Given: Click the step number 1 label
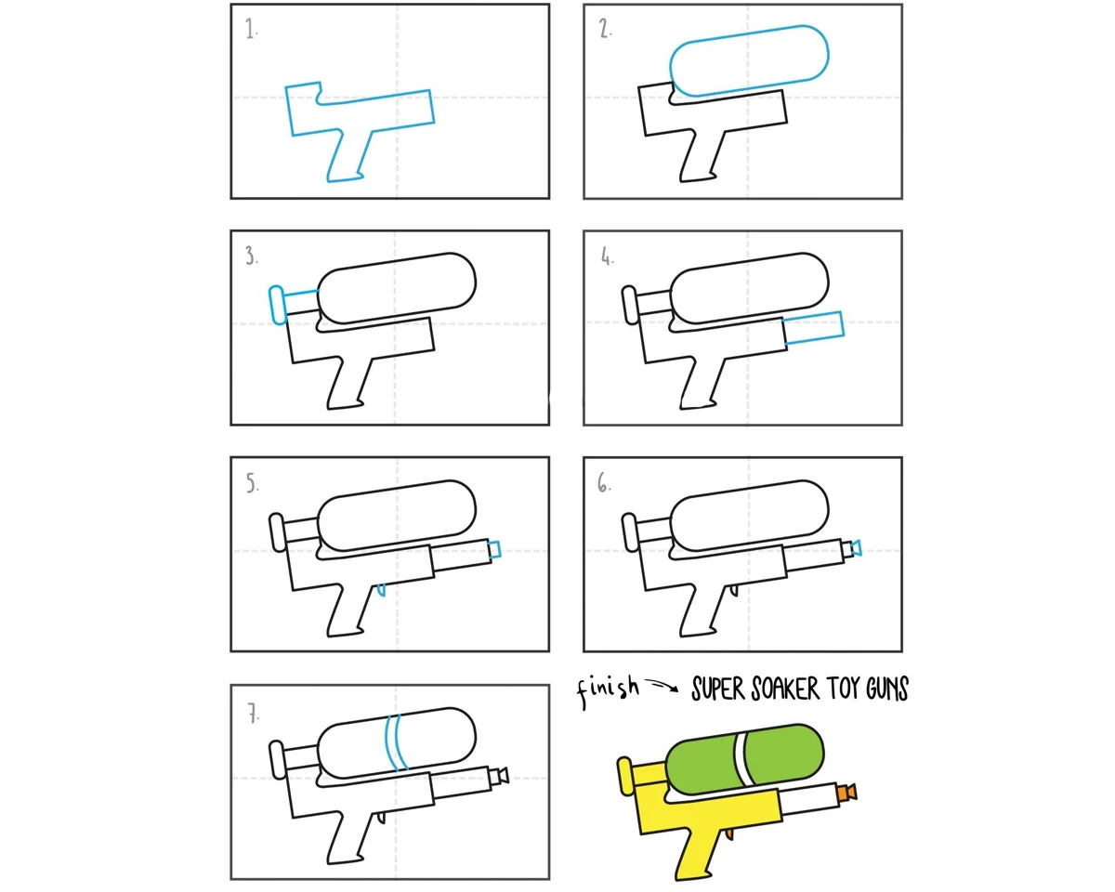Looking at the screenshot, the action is (x=251, y=29).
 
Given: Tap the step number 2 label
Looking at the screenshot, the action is (x=605, y=29).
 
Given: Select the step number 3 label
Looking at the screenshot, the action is (x=251, y=256).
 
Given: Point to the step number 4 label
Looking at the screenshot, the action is (x=607, y=256).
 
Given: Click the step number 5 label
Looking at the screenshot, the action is (x=252, y=482).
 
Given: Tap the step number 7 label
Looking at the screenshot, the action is (x=254, y=714).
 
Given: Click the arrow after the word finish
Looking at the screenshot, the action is (x=663, y=685).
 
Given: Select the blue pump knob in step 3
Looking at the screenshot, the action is (x=277, y=305).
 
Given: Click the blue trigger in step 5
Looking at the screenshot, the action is (x=381, y=589).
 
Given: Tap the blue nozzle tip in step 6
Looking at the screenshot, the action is (x=857, y=548).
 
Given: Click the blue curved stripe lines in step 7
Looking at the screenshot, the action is (x=396, y=742).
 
